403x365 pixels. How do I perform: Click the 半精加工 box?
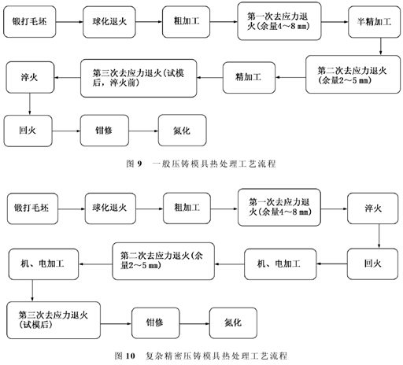[x=374, y=22]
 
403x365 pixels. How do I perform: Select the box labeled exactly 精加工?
[x=249, y=77]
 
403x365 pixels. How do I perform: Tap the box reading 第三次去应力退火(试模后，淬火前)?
[x=139, y=78]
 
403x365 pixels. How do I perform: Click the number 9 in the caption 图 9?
[x=139, y=164]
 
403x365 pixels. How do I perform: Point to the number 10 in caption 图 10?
[x=130, y=356]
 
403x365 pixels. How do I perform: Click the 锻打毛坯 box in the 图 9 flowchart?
[x=30, y=22]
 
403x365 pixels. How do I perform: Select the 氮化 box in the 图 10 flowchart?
[x=233, y=323]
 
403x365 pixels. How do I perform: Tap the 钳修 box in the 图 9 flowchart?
[x=105, y=131]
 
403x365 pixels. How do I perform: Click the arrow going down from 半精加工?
[x=380, y=46]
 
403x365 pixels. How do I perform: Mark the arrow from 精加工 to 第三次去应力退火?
[x=210, y=78]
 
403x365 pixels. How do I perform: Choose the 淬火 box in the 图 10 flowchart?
[x=373, y=208]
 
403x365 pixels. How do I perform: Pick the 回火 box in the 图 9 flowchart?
[x=28, y=131]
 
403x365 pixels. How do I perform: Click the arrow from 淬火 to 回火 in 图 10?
[x=379, y=236]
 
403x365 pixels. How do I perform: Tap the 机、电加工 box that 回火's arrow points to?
[x=280, y=264]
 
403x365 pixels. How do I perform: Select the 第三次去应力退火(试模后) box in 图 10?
[x=54, y=320]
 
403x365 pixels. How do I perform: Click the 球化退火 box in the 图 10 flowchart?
[x=110, y=208]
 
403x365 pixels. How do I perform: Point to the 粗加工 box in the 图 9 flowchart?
[x=186, y=22]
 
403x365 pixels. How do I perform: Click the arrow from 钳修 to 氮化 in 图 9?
[x=143, y=131]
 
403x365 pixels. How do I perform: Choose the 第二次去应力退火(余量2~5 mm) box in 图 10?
[x=163, y=261]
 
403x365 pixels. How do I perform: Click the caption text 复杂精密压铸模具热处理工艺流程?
[x=216, y=356]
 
